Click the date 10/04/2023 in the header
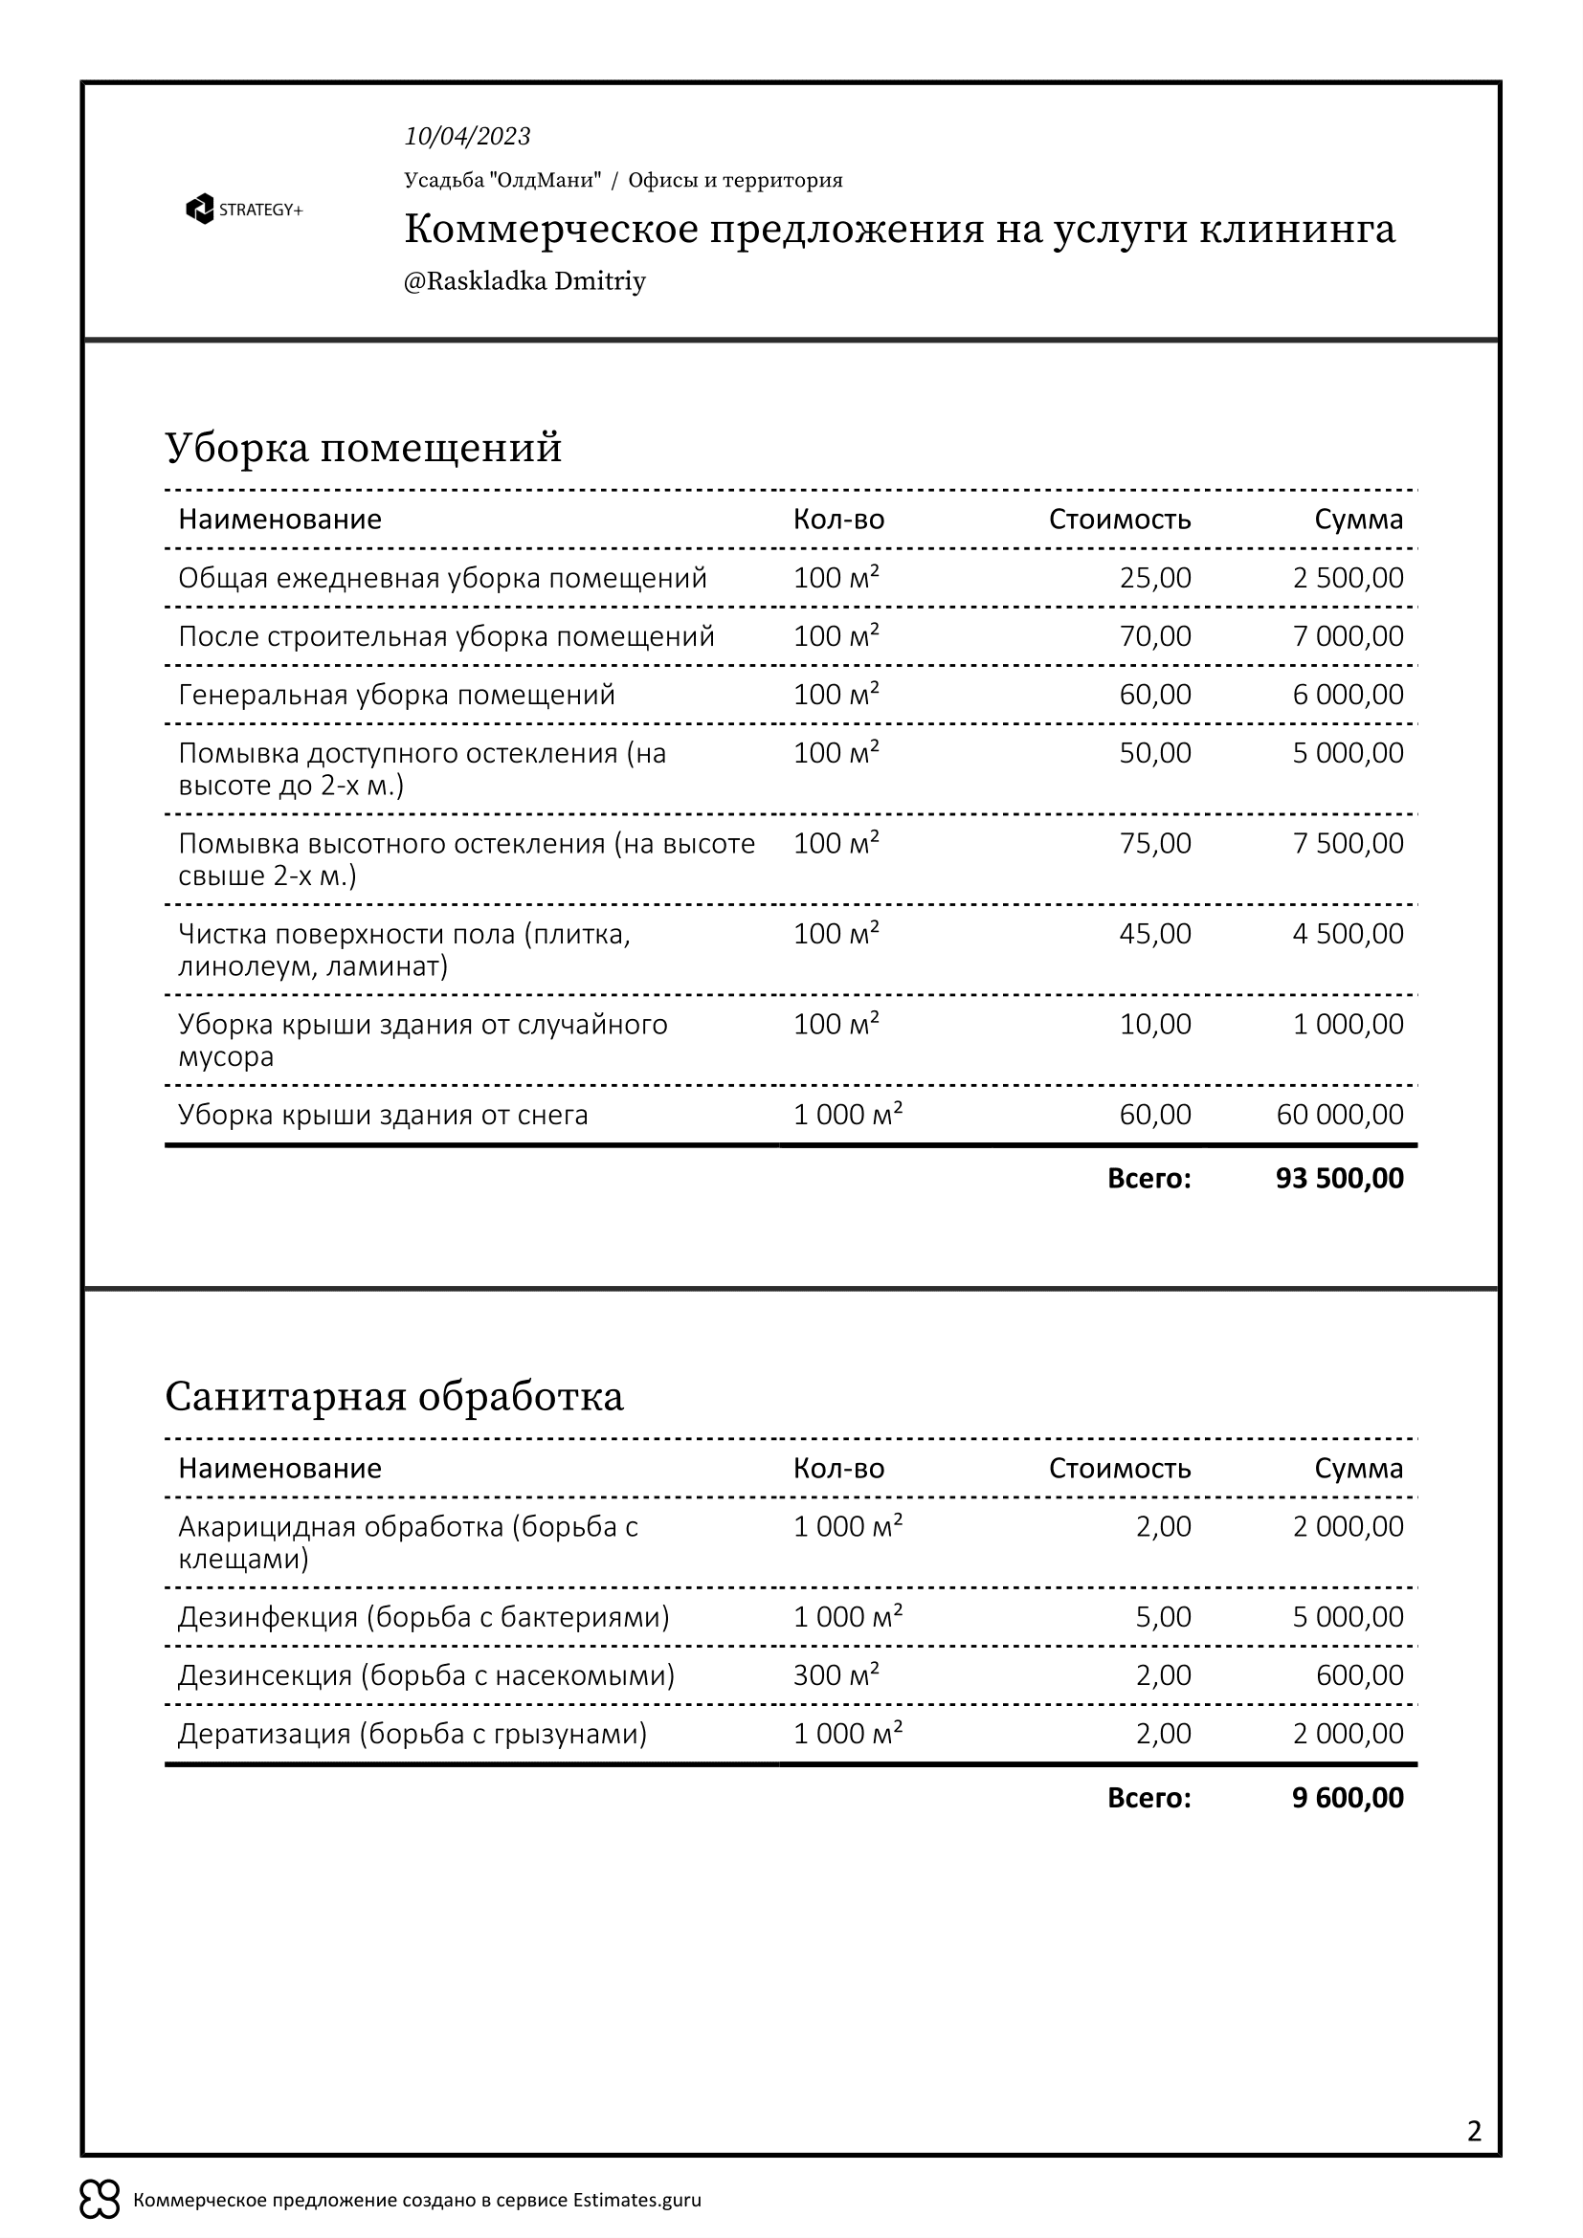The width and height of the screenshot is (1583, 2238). [x=467, y=137]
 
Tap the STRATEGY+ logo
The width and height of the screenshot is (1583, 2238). [x=244, y=210]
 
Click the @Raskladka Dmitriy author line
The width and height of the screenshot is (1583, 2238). [x=524, y=281]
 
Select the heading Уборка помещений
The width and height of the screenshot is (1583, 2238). [x=364, y=448]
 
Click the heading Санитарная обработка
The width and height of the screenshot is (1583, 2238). [x=393, y=1396]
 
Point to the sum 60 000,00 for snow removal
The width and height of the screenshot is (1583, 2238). [x=1339, y=1114]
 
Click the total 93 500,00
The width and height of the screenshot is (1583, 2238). [x=1339, y=1179]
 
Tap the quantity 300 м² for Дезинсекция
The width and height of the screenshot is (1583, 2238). [x=836, y=1674]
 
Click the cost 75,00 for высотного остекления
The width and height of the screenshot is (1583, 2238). [x=1155, y=843]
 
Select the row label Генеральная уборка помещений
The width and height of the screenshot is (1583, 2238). [x=397, y=695]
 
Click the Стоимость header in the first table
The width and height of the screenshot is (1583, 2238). [x=1119, y=520]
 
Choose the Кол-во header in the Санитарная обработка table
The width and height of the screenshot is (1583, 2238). [x=838, y=1468]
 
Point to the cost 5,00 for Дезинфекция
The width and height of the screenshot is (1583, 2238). [x=1163, y=1616]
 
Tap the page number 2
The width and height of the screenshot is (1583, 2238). [x=1474, y=2131]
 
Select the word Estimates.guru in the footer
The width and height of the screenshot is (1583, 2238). [x=636, y=2200]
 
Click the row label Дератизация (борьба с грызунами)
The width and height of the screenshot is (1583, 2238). [x=412, y=1733]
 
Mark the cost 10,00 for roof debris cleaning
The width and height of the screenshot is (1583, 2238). [x=1155, y=1025]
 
